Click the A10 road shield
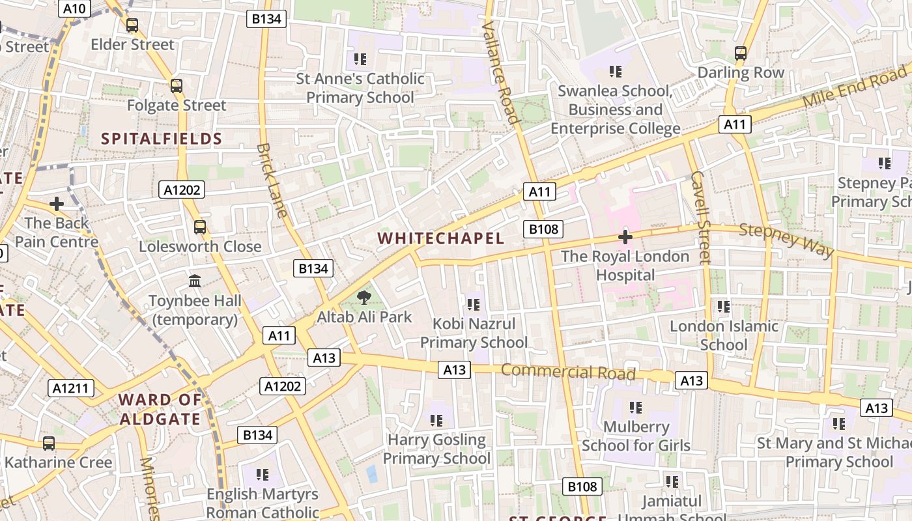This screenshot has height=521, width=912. click(75, 8)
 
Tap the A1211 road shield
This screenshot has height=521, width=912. click(71, 389)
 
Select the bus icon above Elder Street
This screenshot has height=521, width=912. click(132, 25)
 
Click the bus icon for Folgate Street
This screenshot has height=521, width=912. click(176, 86)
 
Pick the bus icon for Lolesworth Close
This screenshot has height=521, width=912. click(200, 227)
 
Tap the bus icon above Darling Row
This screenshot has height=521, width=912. click(741, 53)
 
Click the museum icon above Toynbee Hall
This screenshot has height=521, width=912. click(195, 281)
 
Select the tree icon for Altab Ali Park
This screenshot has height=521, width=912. click(364, 298)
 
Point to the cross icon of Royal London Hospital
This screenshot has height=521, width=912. click(625, 237)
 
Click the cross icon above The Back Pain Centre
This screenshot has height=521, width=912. click(57, 204)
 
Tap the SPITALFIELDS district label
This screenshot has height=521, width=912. click(162, 139)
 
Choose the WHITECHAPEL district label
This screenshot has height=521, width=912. click(441, 238)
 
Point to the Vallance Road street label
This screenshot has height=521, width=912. click(500, 72)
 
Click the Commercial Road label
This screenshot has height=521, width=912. click(568, 372)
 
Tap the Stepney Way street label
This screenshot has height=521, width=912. click(786, 240)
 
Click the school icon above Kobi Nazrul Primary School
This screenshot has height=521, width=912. click(474, 304)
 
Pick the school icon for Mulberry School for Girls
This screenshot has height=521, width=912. click(636, 408)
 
